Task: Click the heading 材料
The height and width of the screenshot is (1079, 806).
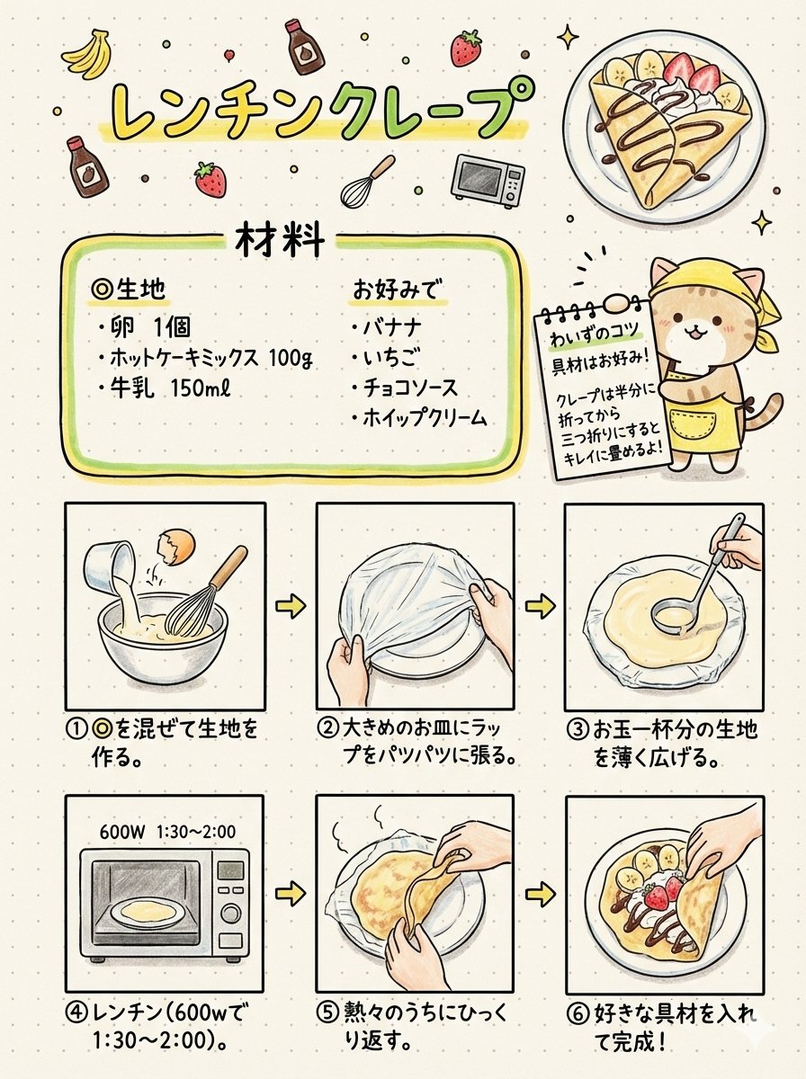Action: (281, 241)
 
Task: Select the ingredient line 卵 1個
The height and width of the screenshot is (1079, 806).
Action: (144, 327)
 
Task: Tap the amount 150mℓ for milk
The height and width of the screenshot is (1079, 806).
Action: (201, 388)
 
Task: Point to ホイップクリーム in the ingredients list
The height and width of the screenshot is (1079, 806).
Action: (419, 419)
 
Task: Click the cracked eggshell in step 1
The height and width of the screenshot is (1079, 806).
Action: (175, 547)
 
